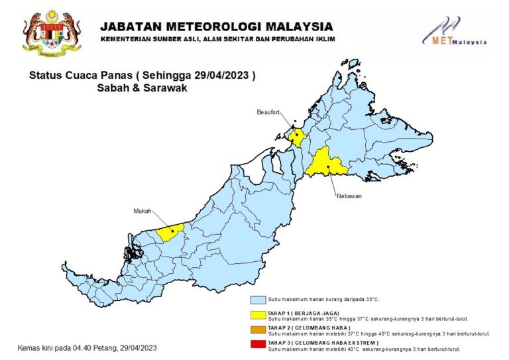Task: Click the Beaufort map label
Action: pyautogui.click(x=269, y=113)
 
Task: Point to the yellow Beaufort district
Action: pyautogui.click(x=296, y=137)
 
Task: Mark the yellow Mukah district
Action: pyautogui.click(x=171, y=233)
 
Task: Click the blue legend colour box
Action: pyautogui.click(x=258, y=300)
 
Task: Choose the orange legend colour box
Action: pyautogui.click(x=258, y=329)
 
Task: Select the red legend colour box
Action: pyautogui.click(x=258, y=343)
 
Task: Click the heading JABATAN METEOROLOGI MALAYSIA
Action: pyautogui.click(x=216, y=27)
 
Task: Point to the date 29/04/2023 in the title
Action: pyautogui.click(x=223, y=76)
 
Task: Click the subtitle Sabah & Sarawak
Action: pyautogui.click(x=142, y=88)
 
